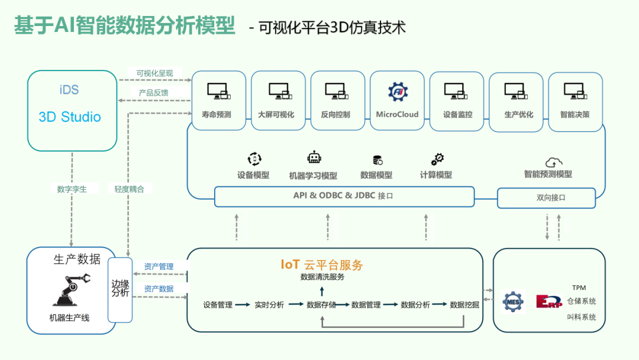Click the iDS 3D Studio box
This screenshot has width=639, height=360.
point(72,111)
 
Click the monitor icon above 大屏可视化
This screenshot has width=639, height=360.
point(279,91)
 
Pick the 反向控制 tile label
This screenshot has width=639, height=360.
point(335,115)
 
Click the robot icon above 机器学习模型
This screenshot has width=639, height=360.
point(314,158)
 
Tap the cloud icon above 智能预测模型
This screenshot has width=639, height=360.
point(554,161)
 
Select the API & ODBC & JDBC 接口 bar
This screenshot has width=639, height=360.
point(344,196)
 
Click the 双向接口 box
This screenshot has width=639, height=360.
point(546,198)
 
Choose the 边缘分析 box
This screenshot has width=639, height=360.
point(120,289)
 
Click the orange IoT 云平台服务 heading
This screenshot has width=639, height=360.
point(322,265)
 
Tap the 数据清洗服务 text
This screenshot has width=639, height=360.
point(322,277)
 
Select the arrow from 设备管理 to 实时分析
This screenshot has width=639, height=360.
point(243,305)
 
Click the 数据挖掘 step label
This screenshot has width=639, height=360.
point(464,305)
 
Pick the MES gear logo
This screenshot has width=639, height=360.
point(512,301)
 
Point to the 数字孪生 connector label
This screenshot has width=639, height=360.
point(72,189)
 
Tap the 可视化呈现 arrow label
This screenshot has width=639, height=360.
point(154,74)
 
